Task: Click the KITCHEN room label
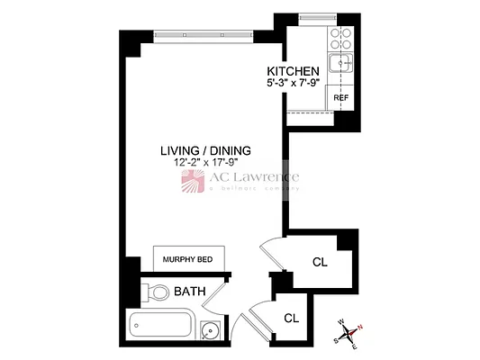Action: pyautogui.click(x=294, y=71)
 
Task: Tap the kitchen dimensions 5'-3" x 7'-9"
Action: pyautogui.click(x=294, y=84)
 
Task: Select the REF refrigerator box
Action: pyautogui.click(x=341, y=97)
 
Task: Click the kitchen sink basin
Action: pyautogui.click(x=340, y=62)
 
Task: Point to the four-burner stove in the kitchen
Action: pyautogui.click(x=341, y=38)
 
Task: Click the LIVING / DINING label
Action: pyautogui.click(x=205, y=150)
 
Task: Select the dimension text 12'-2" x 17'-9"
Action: pyautogui.click(x=205, y=163)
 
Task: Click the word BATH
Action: pyautogui.click(x=190, y=292)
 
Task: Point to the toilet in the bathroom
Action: pyautogui.click(x=157, y=292)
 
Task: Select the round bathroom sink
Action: pyautogui.click(x=211, y=330)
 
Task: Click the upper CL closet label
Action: pyautogui.click(x=320, y=263)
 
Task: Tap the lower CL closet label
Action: pyautogui.click(x=291, y=318)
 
